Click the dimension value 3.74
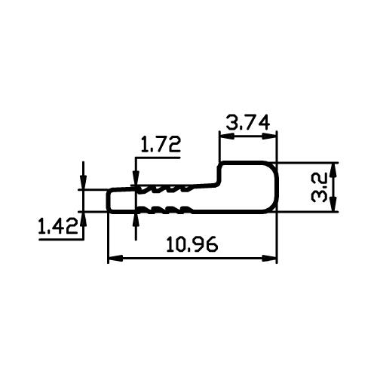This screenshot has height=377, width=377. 248,122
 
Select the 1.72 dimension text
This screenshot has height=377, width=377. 161,144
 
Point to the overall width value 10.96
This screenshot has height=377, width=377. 192,244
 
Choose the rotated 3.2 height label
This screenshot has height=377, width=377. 319,187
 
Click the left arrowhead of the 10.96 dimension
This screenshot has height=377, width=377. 115,258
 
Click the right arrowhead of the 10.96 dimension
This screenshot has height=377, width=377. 269,258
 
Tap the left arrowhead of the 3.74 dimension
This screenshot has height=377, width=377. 227,136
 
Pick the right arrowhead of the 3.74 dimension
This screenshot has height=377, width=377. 269,136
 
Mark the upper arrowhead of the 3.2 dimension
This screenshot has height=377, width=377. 333,170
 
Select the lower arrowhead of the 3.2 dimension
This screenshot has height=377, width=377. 333,204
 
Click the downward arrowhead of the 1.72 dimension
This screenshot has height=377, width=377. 136,179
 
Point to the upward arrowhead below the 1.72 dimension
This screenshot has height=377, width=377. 136,221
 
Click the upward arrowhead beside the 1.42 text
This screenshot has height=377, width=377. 84,219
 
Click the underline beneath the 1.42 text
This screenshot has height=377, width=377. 61,240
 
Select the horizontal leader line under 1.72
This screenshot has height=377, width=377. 158,158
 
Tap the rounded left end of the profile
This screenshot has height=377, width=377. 109,201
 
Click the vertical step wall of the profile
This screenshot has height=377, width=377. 219,175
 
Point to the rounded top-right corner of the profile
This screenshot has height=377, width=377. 273,168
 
